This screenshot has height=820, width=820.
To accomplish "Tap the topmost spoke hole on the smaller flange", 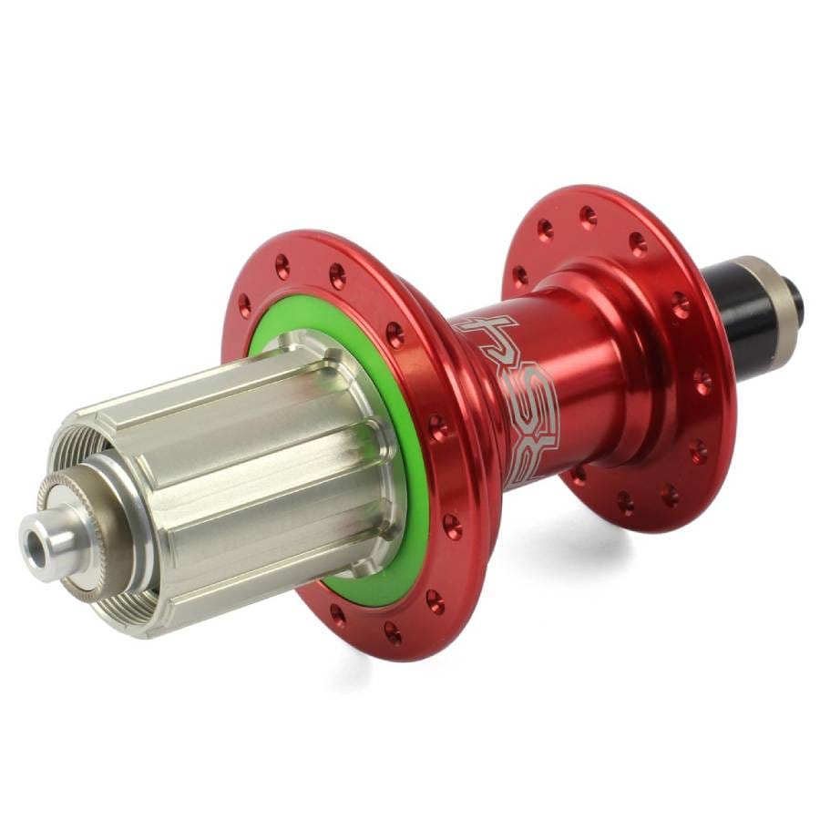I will coord(588,216).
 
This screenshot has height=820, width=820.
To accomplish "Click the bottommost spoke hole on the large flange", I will coord(393,632).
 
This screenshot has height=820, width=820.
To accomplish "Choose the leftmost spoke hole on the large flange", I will coord(244,304).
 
